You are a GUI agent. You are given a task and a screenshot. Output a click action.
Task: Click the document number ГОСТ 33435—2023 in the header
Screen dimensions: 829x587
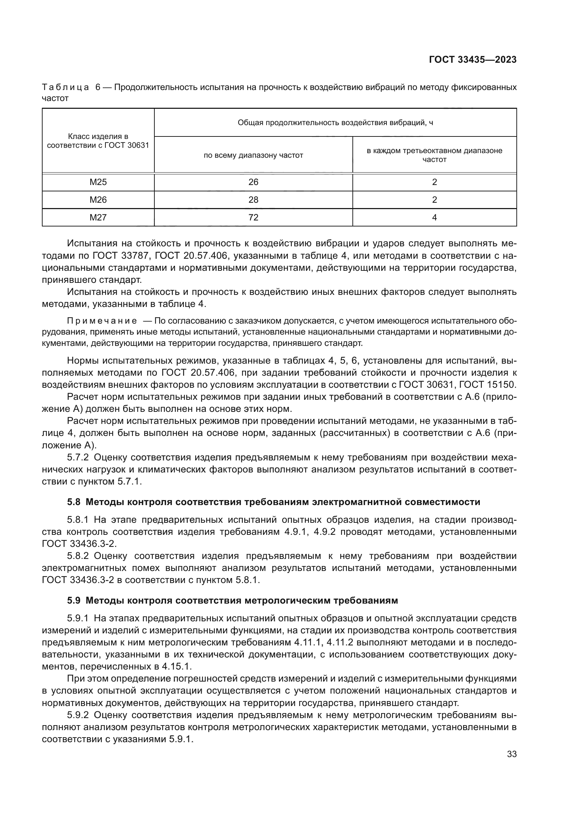(472, 60)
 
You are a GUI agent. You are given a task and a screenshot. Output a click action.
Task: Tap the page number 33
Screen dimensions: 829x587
(511, 754)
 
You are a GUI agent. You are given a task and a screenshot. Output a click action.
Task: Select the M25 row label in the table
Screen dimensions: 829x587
(98, 182)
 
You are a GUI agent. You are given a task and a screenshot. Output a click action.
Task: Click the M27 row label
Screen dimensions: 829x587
(98, 217)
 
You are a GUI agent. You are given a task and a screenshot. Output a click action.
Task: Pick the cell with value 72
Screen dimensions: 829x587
(253, 217)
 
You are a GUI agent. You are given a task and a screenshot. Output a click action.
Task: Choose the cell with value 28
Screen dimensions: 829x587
(253, 200)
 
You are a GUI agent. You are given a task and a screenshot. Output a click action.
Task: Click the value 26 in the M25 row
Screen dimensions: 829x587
(253, 182)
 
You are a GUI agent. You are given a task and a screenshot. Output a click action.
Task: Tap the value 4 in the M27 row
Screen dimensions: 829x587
(434, 217)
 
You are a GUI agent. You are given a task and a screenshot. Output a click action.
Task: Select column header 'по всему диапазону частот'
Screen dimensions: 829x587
(253, 155)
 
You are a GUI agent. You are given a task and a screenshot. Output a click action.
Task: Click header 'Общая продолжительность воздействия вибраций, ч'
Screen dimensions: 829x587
(335, 123)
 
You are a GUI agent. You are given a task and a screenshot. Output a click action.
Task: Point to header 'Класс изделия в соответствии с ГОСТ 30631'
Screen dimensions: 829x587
(98, 141)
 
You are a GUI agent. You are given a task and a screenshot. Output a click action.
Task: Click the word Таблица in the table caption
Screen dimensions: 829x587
(65, 88)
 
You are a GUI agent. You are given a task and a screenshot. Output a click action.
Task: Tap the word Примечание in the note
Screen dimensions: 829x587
(102, 321)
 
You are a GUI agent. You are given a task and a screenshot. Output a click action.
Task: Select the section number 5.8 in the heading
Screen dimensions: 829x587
(74, 502)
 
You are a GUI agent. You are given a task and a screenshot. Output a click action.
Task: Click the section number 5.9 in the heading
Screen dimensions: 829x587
(74, 600)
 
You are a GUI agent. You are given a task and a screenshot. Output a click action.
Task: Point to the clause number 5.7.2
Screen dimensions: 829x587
(78, 458)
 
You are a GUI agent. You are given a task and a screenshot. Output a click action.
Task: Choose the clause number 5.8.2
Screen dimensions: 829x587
(78, 556)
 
